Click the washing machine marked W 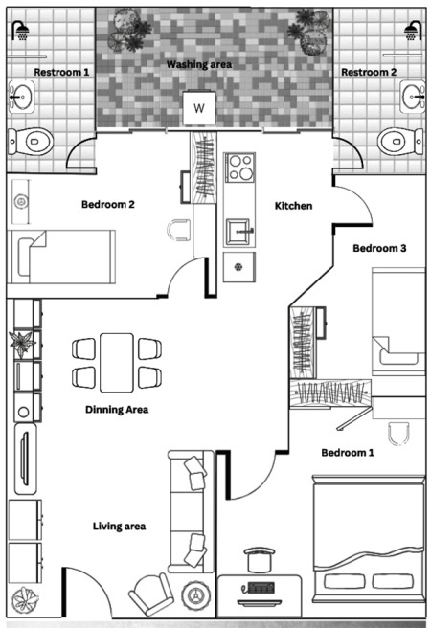click(199, 108)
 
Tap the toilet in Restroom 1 click(32, 142)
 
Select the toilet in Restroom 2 click(399, 142)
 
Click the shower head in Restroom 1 click(20, 32)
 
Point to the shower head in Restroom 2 click(413, 32)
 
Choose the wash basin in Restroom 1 click(21, 97)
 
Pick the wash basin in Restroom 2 click(413, 97)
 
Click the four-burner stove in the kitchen click(239, 168)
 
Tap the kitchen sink click(239, 232)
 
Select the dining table click(117, 363)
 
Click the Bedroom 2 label click(108, 204)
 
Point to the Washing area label click(199, 64)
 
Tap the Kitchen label click(293, 206)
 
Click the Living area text click(120, 526)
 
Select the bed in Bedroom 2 click(61, 257)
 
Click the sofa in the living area click(191, 511)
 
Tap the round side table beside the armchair click(195, 595)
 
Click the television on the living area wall click(25, 460)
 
